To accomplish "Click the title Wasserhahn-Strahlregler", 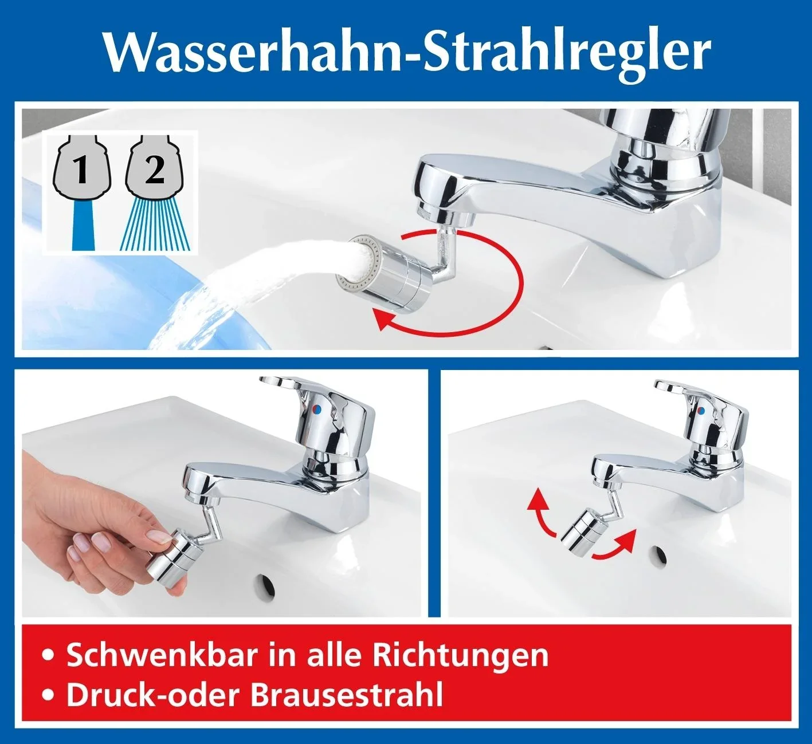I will click(x=406, y=52).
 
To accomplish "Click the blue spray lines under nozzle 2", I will click(x=154, y=227).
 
